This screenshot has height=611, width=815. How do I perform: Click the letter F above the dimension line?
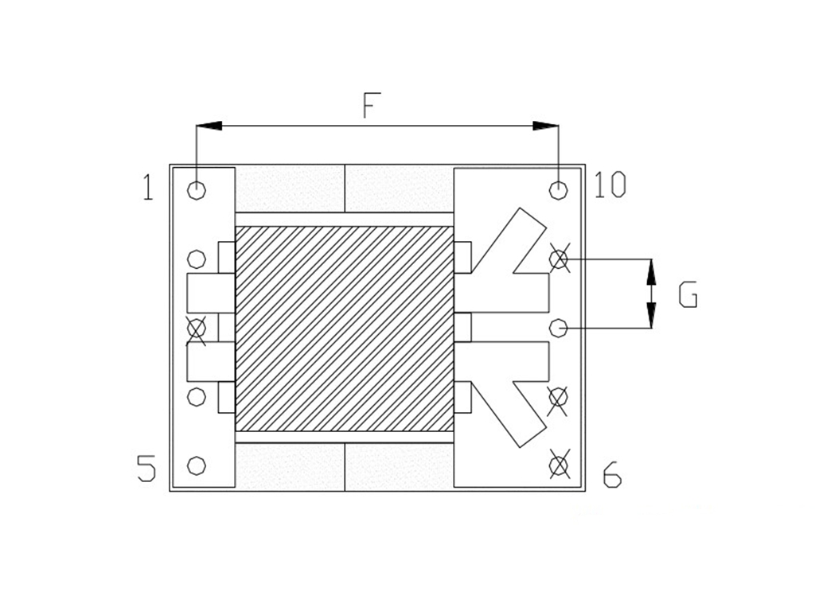point(371,105)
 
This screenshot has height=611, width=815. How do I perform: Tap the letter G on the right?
point(688,294)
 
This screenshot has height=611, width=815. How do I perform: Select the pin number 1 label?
point(148,188)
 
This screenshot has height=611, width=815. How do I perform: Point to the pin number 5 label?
point(146,468)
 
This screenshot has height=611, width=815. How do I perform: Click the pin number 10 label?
point(610,185)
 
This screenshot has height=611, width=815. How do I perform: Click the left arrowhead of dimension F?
point(209,126)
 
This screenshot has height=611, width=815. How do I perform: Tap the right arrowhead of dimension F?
point(546,126)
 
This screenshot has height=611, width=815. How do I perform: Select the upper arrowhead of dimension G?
point(651,271)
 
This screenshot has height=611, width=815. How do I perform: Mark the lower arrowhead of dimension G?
point(651,315)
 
